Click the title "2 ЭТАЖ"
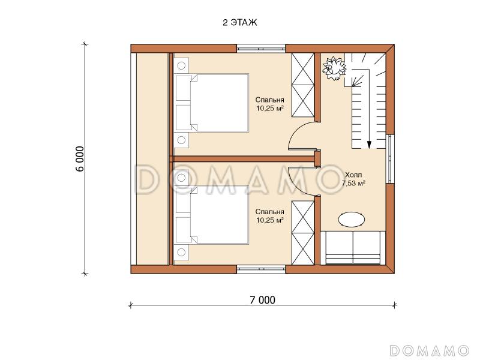239,23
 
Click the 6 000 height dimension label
79,159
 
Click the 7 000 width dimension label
262,300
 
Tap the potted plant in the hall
334,68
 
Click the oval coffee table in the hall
352,220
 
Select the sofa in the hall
353,248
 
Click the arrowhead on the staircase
369,145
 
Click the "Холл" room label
353,175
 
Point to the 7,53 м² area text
353,184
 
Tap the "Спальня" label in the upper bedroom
269,100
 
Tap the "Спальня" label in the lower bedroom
269,212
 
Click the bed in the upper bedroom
212,103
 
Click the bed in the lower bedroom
212,215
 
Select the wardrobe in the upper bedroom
303,85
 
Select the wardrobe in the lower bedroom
303,233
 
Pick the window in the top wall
261,49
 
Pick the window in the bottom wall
261,269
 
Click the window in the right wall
390,158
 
